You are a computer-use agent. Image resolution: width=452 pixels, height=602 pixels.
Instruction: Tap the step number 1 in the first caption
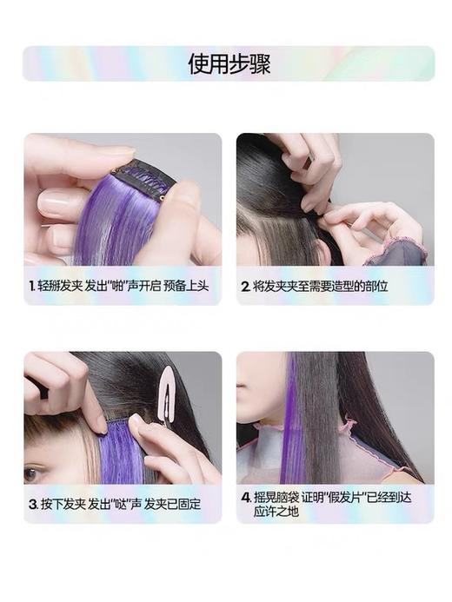[30, 286]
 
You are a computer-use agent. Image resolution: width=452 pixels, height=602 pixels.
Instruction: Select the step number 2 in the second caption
[246, 286]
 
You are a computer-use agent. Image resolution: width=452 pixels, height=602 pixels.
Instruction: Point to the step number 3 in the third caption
[31, 503]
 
